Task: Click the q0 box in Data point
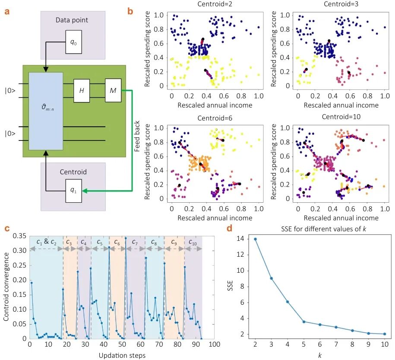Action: click(x=73, y=42)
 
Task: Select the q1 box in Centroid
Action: click(x=73, y=191)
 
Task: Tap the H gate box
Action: click(x=81, y=91)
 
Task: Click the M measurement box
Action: click(x=113, y=91)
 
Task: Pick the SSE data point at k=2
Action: click(x=255, y=239)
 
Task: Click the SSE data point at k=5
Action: click(x=304, y=322)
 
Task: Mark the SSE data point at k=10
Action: click(x=385, y=334)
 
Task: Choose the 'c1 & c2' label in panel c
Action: click(x=46, y=242)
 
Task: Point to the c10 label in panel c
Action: click(x=193, y=242)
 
